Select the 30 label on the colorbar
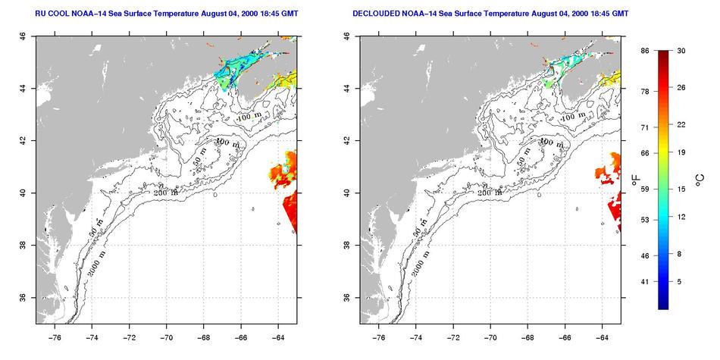(x=681, y=50)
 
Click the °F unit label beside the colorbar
(x=635, y=180)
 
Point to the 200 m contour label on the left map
(x=167, y=193)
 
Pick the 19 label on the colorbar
(x=681, y=153)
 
